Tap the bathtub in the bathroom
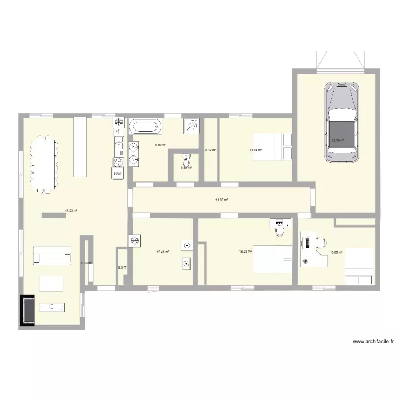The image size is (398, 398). (x=145, y=127)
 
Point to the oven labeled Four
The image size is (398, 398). (x=117, y=173)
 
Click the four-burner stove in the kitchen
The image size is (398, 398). (x=118, y=162)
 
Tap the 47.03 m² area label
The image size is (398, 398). (x=71, y=211)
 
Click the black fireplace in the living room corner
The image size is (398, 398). (x=28, y=310)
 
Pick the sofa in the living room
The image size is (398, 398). (x=52, y=255)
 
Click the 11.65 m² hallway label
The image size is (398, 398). (x=221, y=200)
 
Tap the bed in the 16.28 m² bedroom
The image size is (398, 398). (x=272, y=259)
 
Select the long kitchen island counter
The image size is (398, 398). (x=80, y=146)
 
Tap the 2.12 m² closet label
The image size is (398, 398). (x=210, y=150)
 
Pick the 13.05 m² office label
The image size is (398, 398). (x=336, y=253)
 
